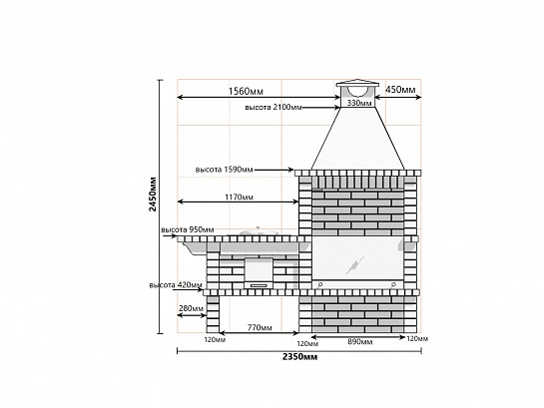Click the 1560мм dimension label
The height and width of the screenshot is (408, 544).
tap(246, 91)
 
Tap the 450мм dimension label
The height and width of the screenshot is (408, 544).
tap(400, 90)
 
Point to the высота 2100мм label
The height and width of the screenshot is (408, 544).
tap(273, 107)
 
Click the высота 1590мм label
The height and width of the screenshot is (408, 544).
tap(225, 170)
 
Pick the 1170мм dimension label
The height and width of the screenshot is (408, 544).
tap(239, 197)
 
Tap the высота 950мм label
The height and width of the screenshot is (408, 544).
tap(188, 229)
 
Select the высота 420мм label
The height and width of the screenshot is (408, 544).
tap(176, 285)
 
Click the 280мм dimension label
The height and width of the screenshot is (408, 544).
tap(192, 308)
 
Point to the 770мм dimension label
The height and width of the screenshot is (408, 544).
tap(260, 327)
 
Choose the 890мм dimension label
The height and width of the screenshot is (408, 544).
tap(360, 342)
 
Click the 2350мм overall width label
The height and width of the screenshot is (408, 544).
tap(299, 357)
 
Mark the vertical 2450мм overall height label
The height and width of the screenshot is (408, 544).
tap(152, 195)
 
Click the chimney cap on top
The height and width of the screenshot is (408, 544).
tap(357, 84)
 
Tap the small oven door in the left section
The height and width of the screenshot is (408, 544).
tap(259, 269)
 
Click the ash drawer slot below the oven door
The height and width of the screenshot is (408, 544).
tap(259, 285)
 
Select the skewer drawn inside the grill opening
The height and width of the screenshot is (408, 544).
tap(355, 264)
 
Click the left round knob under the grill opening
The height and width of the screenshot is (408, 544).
tap(320, 284)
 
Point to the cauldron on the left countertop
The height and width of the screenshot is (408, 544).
tap(259, 231)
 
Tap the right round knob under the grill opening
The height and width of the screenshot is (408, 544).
tap(393, 284)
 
